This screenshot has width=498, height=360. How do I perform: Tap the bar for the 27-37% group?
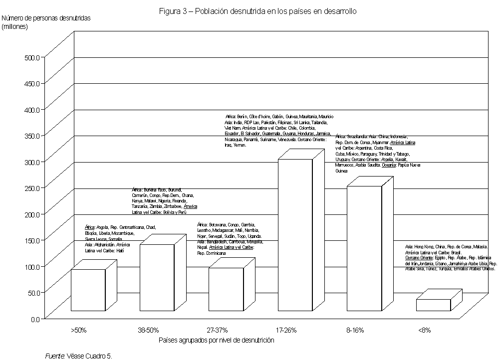click(x=226, y=289)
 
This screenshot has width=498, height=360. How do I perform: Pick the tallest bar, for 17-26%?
click(x=294, y=235)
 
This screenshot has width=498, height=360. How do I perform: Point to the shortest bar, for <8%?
click(x=433, y=305)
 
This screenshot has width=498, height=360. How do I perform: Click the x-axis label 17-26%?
click(x=286, y=330)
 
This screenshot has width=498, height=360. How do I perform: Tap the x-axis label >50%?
click(x=79, y=330)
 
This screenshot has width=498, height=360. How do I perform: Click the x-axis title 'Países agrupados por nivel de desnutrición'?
click(x=217, y=340)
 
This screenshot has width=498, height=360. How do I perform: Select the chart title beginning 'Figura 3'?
click(x=257, y=11)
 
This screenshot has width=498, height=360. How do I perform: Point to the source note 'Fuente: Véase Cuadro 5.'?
click(x=79, y=356)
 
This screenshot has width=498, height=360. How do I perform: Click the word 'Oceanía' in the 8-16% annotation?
click(x=389, y=165)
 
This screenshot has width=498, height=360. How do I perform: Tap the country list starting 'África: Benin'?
click(x=278, y=131)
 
